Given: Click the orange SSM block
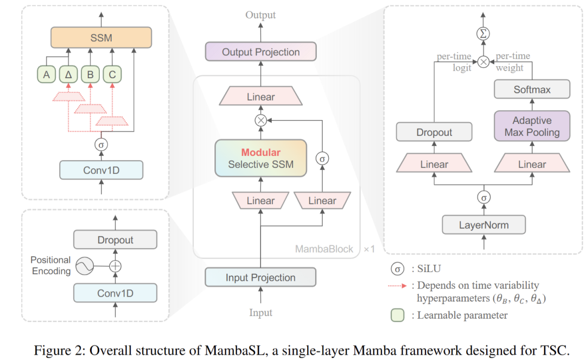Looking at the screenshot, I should pyautogui.click(x=101, y=37).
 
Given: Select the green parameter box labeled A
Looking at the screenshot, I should pyautogui.click(x=47, y=75).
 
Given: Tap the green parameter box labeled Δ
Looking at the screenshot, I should pyautogui.click(x=68, y=75).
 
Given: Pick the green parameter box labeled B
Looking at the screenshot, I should pyautogui.click(x=90, y=75).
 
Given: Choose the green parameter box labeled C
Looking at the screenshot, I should pyautogui.click(x=112, y=75).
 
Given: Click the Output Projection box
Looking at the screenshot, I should pyautogui.click(x=260, y=52).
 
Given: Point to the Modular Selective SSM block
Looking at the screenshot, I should pyautogui.click(x=260, y=158).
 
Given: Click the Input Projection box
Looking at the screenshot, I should pyautogui.click(x=260, y=277).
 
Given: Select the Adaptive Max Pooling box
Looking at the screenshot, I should pyautogui.click(x=532, y=126).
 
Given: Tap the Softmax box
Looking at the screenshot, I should pyautogui.click(x=532, y=90).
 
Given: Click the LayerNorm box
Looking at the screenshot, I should pyautogui.click(x=483, y=224).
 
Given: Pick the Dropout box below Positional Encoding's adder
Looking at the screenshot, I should pyautogui.click(x=115, y=239).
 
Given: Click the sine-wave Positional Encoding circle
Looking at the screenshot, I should pyautogui.click(x=84, y=266).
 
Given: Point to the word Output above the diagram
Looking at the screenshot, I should pyautogui.click(x=260, y=15).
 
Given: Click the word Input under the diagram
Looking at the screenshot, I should pyautogui.click(x=260, y=313).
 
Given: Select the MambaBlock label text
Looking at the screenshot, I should pyautogui.click(x=324, y=249).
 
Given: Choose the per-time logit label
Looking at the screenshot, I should pyautogui.click(x=455, y=62).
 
